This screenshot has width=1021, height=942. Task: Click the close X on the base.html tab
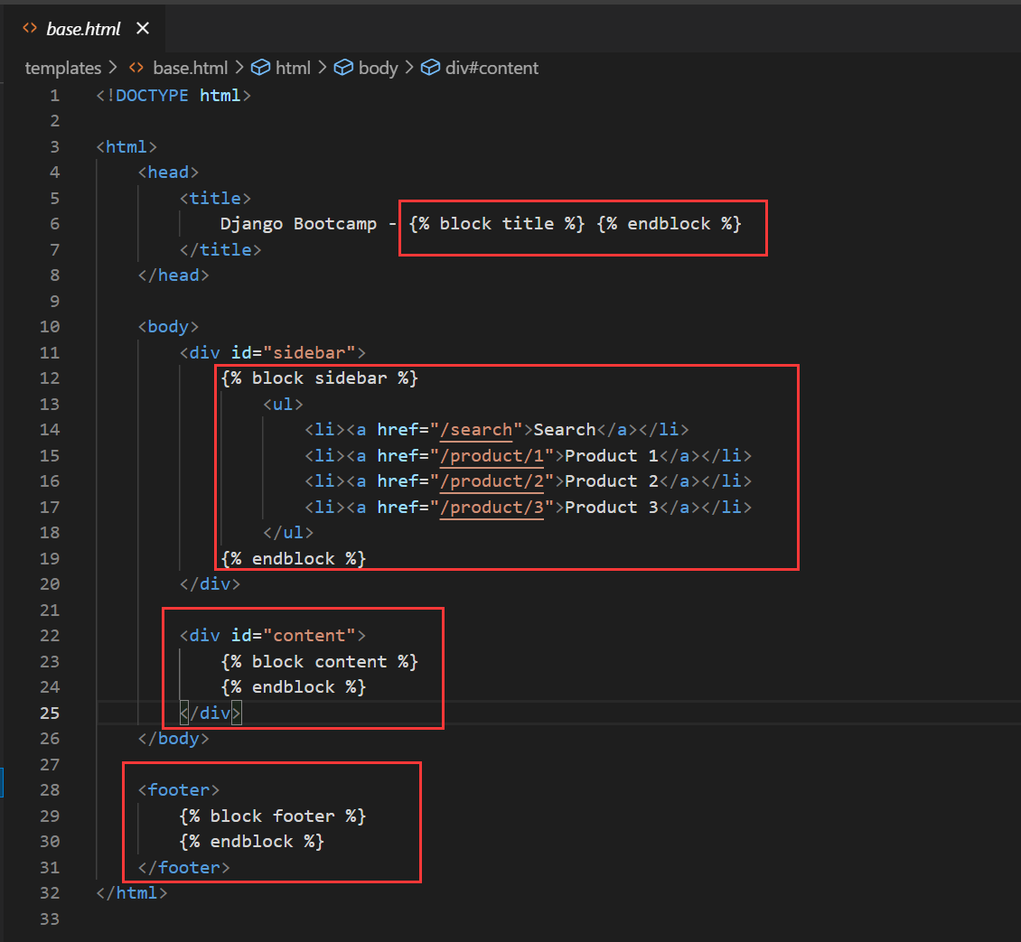tap(143, 29)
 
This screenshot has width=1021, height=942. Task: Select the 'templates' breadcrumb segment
tap(62, 68)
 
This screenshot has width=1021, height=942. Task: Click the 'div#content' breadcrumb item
tap(491, 68)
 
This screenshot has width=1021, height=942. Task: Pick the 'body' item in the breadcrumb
tap(378, 68)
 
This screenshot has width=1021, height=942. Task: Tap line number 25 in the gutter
tap(50, 713)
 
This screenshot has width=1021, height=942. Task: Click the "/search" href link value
tap(477, 429)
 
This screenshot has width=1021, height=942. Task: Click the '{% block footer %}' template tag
tap(272, 816)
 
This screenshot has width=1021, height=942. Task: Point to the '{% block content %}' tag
tap(319, 661)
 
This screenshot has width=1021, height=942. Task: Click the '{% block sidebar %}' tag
tap(319, 378)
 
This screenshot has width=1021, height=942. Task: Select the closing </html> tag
tap(132, 892)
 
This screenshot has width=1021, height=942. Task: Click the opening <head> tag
tap(168, 172)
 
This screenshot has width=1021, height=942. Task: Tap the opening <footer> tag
tap(179, 789)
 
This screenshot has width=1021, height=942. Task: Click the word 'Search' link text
tap(565, 429)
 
